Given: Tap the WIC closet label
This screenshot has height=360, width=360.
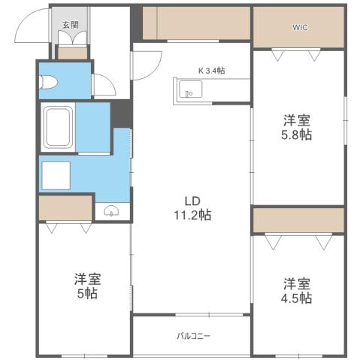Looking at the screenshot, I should click(x=299, y=27).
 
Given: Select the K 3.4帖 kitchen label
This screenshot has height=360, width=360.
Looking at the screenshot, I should click(x=211, y=71).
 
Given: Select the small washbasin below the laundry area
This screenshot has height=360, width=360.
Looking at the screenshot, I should click(x=111, y=211).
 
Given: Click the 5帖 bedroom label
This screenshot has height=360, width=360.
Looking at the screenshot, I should click(x=87, y=285).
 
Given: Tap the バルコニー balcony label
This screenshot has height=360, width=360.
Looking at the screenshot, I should click(x=194, y=335).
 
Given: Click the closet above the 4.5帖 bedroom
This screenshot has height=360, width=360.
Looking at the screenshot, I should click(x=298, y=221).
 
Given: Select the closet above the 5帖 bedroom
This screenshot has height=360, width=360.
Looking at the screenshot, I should click(x=65, y=208).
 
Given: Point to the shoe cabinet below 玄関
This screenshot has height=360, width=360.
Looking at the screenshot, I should click(x=72, y=53).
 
